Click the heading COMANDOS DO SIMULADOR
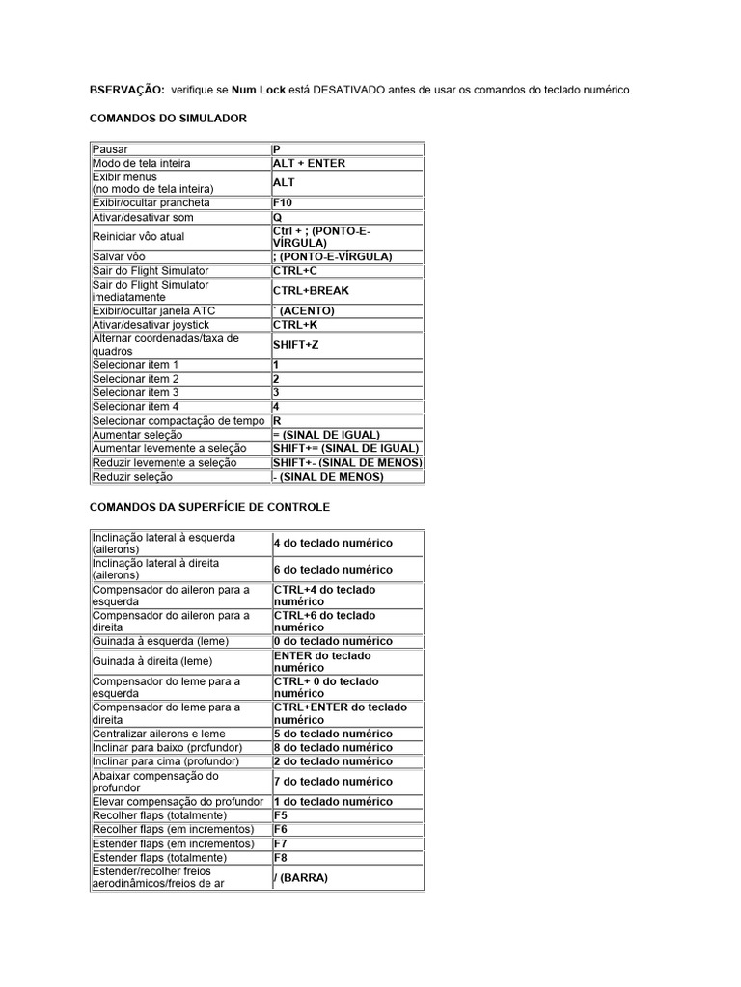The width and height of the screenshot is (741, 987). pos(168,118)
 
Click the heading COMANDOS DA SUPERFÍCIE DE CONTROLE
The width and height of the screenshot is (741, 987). pos(209,506)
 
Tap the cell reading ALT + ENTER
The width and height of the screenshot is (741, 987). pos(309,164)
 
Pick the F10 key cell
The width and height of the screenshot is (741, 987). pos(285,203)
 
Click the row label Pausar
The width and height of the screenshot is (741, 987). pos(110,149)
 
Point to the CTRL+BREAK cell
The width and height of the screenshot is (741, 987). pos(311,290)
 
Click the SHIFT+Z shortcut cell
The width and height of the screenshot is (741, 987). pos(295,345)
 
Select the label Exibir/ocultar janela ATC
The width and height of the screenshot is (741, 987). pos(153,310)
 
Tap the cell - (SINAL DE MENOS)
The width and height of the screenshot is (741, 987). pos(328,476)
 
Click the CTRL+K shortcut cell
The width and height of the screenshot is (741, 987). pos(295,325)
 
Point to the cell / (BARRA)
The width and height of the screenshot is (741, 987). pos(301,878)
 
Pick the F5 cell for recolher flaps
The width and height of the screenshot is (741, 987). pos(281,815)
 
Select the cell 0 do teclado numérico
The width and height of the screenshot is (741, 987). pos(333,641)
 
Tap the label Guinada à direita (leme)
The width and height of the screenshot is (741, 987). pos(153,661)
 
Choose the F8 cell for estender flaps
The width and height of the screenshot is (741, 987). pos(281,857)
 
